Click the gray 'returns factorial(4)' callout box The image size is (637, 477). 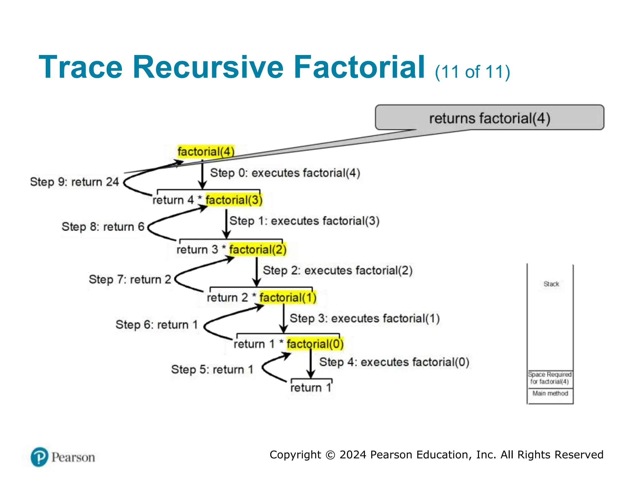pyautogui.click(x=489, y=118)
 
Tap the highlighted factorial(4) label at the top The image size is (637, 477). pyautogui.click(x=206, y=152)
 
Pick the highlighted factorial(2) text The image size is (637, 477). pyautogui.click(x=258, y=249)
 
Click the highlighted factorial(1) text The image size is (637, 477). pyautogui.click(x=288, y=298)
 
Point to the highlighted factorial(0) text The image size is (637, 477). pyautogui.click(x=315, y=344)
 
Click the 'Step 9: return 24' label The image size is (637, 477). pyautogui.click(x=74, y=182)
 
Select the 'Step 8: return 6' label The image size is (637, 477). pyautogui.click(x=103, y=227)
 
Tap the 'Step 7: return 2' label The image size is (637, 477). pyautogui.click(x=130, y=279)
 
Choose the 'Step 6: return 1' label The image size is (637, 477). pyautogui.click(x=157, y=325)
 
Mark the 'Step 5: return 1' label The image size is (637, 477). pyautogui.click(x=212, y=369)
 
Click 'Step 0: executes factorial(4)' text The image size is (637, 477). pyautogui.click(x=285, y=173)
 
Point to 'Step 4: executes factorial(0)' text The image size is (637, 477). pyautogui.click(x=394, y=362)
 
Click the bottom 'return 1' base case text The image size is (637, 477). pyautogui.click(x=310, y=388)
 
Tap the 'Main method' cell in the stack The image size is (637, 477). pyautogui.click(x=550, y=393)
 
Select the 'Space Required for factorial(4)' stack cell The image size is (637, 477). pyautogui.click(x=550, y=378)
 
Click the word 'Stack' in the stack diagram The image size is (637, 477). pyautogui.click(x=551, y=284)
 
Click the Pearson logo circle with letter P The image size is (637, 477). pyautogui.click(x=40, y=457)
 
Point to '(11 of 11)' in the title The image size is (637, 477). pyautogui.click(x=472, y=72)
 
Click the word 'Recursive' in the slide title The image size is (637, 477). pyautogui.click(x=208, y=67)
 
